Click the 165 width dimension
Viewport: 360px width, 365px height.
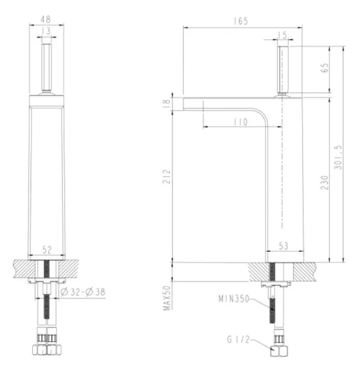pyautogui.click(x=241, y=21)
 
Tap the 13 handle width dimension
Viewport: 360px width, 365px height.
pyautogui.click(x=47, y=32)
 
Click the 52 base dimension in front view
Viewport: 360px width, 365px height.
pyautogui.click(x=47, y=249)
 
